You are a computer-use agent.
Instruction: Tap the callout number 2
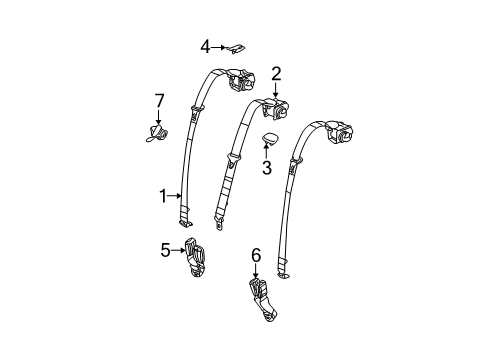275,72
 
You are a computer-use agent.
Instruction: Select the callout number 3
267,167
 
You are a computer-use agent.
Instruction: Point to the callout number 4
204,45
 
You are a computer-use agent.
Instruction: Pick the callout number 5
165,250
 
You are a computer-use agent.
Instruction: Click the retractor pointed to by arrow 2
274,106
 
